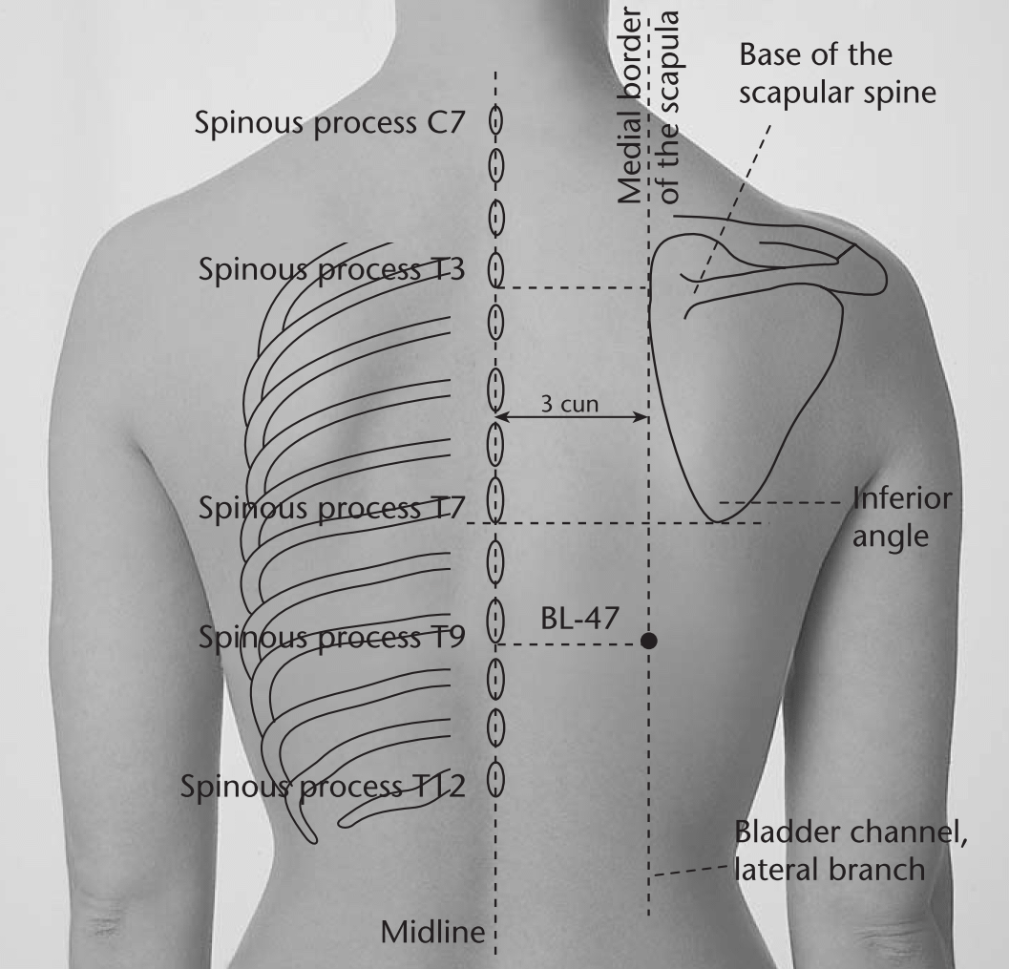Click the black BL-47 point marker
(649, 641)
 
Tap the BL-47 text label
(579, 619)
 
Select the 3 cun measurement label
(570, 404)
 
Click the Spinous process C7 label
(329, 122)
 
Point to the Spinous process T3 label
(331, 269)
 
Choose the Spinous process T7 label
(331, 508)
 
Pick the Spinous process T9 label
(331, 637)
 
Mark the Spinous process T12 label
(323, 786)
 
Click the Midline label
(432, 932)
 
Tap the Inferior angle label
(902, 517)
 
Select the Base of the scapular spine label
(837, 73)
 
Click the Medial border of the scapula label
(648, 107)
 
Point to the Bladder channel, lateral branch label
(851, 851)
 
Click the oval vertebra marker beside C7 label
(495, 120)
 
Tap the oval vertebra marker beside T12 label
(494, 780)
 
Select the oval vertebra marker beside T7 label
(494, 499)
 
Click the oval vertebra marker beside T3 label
(495, 269)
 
